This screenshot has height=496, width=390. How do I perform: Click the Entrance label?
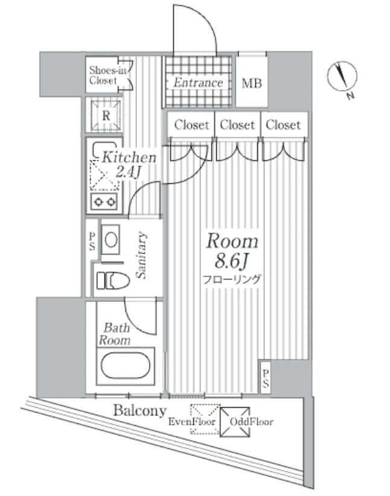[x=198, y=82]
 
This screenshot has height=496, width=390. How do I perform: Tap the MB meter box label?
[x=252, y=83]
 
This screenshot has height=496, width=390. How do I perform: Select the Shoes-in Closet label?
[x=107, y=75]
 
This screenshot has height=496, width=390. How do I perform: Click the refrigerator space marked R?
[x=106, y=116]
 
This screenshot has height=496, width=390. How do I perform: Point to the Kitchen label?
[x=129, y=157]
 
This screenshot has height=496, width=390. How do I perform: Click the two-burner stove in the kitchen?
[x=104, y=201]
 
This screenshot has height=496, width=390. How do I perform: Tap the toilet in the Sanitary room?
[x=113, y=281]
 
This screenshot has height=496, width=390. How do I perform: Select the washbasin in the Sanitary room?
[x=110, y=240]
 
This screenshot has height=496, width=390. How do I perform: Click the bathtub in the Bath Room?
[x=126, y=366]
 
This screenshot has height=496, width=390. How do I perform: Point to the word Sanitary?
[x=141, y=255]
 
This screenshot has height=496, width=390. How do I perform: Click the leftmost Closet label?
[x=191, y=125]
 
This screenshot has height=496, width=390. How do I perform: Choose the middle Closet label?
[x=237, y=125]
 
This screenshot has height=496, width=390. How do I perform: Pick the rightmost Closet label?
[x=283, y=125]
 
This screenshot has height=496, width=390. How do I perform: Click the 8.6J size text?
[x=232, y=262]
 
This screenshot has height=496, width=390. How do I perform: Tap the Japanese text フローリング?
[x=232, y=279]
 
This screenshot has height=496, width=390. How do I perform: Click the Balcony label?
[x=140, y=411]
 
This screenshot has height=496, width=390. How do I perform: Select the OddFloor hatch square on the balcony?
[x=235, y=422]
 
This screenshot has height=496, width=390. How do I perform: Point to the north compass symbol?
[x=342, y=77]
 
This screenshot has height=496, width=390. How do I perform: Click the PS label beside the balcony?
[x=266, y=379]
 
